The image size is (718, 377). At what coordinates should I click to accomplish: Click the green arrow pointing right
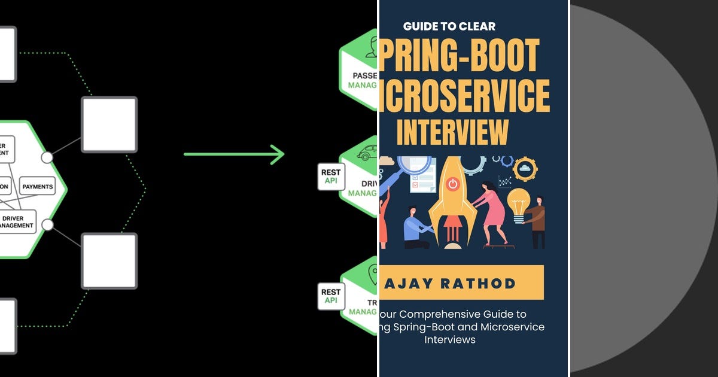[233, 154]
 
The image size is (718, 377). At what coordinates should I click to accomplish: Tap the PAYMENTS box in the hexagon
[37, 187]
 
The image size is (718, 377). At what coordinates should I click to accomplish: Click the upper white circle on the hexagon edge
[47, 157]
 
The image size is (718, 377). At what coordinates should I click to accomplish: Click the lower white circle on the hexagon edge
[47, 225]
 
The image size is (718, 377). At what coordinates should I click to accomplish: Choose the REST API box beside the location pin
[331, 296]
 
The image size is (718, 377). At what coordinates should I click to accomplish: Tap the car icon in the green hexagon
[366, 156]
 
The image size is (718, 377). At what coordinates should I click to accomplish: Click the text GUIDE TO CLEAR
[449, 26]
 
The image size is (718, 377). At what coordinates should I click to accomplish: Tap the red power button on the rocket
[453, 184]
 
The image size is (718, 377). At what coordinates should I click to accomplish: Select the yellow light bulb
[518, 200]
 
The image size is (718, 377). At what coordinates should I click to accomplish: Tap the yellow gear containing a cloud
[525, 169]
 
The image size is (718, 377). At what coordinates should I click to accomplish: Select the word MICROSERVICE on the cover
[464, 96]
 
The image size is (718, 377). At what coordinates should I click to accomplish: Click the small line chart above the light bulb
[504, 180]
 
